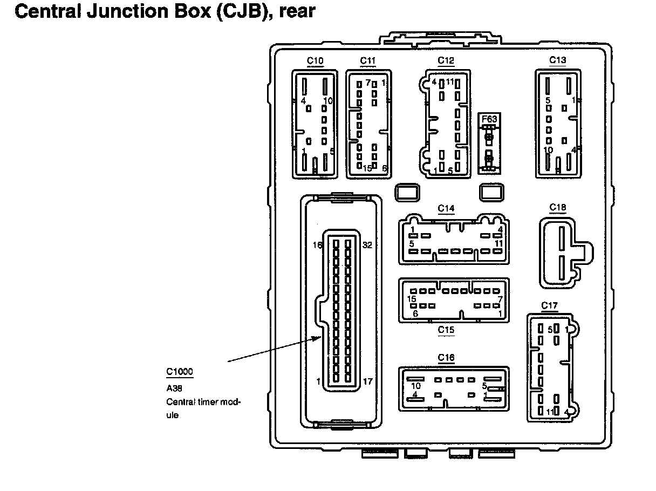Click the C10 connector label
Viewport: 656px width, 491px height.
click(x=315, y=60)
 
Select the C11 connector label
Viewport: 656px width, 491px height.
click(x=367, y=60)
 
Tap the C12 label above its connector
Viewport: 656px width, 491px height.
click(x=446, y=60)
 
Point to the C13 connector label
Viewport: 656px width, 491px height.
click(x=558, y=60)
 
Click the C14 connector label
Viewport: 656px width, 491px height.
click(x=446, y=208)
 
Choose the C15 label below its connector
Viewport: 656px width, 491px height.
click(x=446, y=330)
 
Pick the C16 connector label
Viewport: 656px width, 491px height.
click(x=446, y=357)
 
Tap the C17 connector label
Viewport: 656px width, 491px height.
click(x=549, y=306)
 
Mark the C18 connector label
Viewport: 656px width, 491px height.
click(x=558, y=208)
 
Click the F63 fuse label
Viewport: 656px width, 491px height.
click(x=489, y=119)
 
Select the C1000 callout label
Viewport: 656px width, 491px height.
click(x=179, y=372)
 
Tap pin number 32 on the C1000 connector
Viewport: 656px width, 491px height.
click(x=367, y=244)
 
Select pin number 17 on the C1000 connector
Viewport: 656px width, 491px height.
click(x=367, y=381)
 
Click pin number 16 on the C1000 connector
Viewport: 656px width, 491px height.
click(x=318, y=244)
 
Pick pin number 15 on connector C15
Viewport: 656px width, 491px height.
click(x=412, y=299)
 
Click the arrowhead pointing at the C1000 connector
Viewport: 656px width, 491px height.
click(x=319, y=338)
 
